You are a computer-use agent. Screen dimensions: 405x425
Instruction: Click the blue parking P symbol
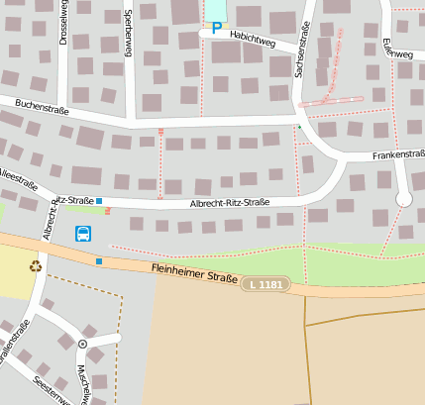click(216, 29)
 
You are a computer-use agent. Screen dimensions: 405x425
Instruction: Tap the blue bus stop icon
click(83, 235)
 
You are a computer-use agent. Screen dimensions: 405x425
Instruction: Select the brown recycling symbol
click(36, 265)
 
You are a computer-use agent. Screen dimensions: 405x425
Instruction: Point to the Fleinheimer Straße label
click(193, 272)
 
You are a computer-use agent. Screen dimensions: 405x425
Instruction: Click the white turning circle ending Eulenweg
click(403, 199)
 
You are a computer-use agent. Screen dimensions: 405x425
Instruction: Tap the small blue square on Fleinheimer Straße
click(99, 260)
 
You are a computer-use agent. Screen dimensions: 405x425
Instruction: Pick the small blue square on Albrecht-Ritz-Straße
click(99, 200)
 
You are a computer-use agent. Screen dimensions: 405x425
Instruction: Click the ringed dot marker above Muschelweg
click(82, 345)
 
